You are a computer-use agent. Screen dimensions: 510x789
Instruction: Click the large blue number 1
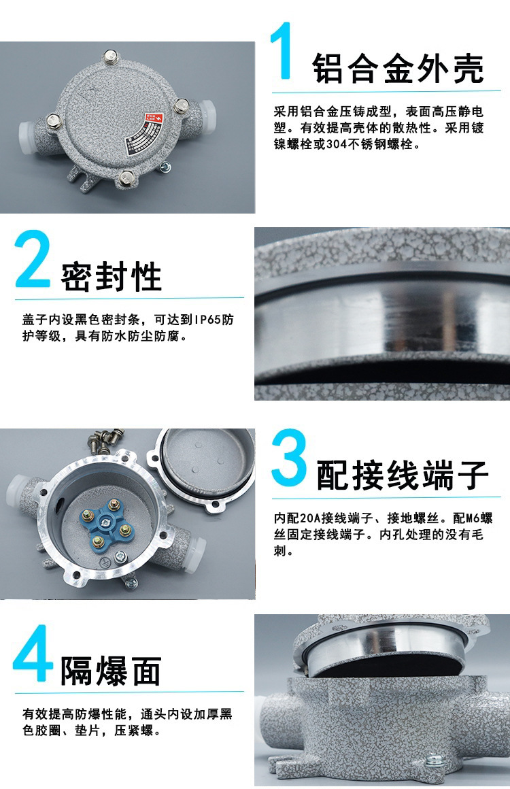point(283,50)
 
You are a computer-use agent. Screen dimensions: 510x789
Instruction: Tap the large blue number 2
point(33,258)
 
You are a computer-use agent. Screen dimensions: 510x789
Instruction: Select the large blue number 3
point(289,457)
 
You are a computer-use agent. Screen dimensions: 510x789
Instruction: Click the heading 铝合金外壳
point(398,68)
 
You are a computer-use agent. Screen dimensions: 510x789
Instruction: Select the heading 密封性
point(111,276)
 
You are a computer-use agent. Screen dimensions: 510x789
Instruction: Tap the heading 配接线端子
point(403,475)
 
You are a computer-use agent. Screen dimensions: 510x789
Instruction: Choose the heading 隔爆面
point(111,671)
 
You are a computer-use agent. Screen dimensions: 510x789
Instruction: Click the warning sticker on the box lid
point(144,133)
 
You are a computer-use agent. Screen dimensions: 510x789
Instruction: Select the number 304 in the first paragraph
point(337,144)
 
